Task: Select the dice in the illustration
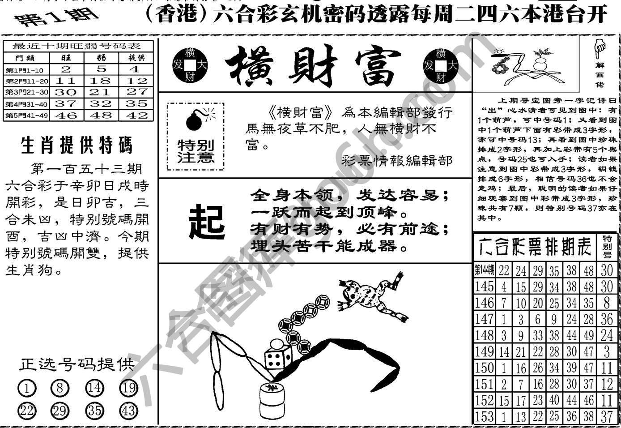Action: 274,358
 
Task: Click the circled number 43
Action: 129,410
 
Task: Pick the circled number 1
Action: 27,388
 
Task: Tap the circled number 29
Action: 60,410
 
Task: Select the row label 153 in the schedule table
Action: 485,416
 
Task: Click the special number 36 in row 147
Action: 606,319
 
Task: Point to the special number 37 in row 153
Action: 606,416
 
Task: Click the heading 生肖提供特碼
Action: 77,146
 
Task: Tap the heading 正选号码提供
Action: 77,364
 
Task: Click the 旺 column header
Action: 66,58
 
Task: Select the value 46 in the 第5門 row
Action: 66,115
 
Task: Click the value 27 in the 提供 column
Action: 136,92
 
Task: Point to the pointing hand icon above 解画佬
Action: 598,49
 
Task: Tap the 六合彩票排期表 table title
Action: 535,246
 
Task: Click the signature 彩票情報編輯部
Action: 396,160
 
